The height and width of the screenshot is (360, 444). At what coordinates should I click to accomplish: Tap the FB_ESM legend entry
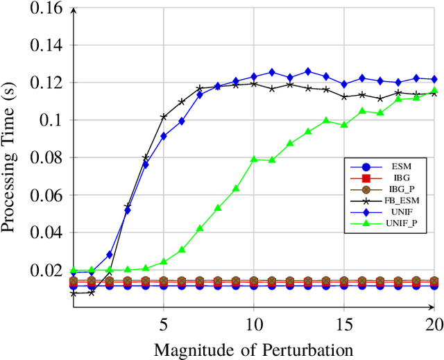point(400,200)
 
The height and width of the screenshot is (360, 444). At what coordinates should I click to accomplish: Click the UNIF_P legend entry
point(400,223)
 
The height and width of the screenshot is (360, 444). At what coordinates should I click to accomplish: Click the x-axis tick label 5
point(164,324)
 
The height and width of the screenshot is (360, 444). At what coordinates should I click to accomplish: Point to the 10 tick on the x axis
point(254,324)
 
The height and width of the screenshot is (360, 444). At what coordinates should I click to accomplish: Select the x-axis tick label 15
point(344,324)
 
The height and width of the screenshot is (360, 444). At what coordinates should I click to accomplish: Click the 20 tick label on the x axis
point(433,324)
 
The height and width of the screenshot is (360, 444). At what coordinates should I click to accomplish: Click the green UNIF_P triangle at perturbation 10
point(254,159)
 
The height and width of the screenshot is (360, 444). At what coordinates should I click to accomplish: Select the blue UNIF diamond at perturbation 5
point(164,136)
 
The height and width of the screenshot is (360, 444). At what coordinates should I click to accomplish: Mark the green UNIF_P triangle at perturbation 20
point(434,91)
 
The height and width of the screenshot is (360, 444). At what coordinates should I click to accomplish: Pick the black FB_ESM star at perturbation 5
point(164,117)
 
